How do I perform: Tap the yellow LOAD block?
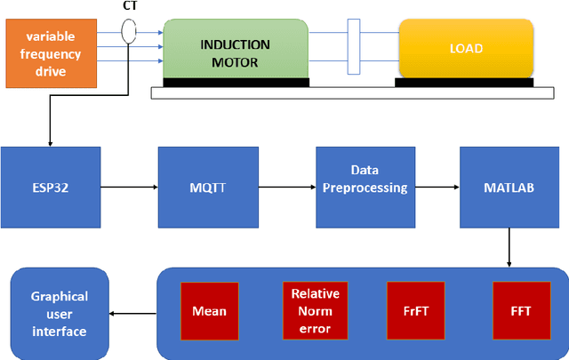point(465,49)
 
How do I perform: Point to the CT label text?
point(129,7)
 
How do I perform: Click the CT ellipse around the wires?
point(129,33)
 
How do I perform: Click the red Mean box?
point(210,311)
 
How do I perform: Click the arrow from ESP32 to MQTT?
point(129,188)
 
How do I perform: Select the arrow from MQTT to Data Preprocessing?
point(287,188)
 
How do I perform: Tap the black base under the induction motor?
point(235,83)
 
